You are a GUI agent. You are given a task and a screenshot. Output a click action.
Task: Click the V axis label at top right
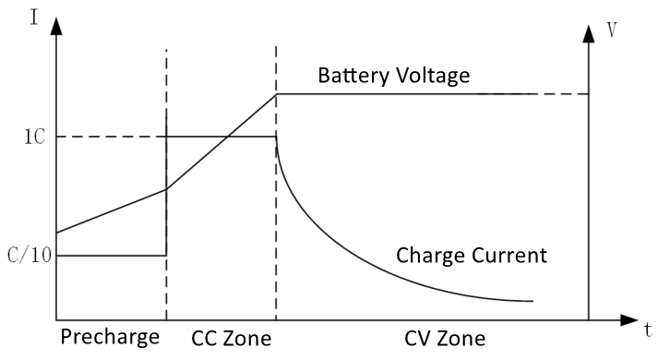point(612,29)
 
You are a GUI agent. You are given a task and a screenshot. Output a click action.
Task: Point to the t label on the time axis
point(649,329)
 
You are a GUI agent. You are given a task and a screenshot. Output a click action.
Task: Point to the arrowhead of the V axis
point(588,32)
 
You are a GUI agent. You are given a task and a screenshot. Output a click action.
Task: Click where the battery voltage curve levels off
point(277,93)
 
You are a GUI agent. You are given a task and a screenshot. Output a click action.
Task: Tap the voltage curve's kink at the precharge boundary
point(166,189)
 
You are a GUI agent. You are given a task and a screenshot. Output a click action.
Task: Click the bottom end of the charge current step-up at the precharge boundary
point(166,255)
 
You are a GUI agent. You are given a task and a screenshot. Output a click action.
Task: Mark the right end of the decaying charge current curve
point(532,301)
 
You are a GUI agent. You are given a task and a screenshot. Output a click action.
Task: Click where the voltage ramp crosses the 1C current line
point(225,137)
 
